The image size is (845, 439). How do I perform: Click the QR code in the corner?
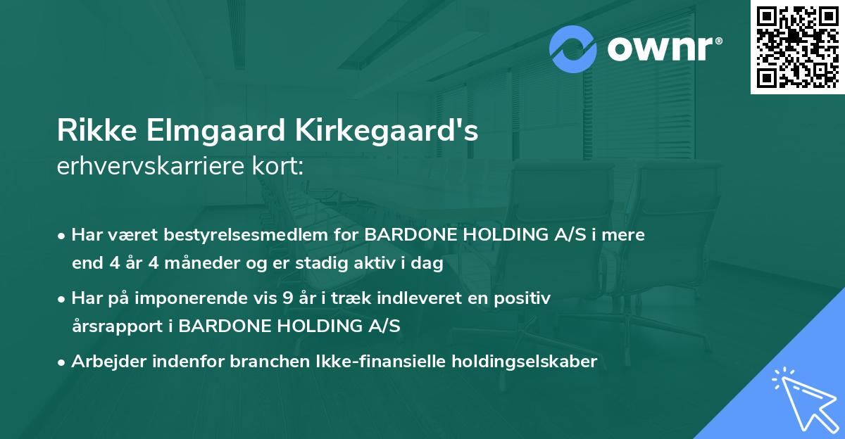(x=797, y=47)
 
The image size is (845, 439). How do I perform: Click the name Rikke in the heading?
(x=92, y=132)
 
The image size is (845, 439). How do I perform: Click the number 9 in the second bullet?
(x=287, y=298)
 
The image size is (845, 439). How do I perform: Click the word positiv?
(x=526, y=298)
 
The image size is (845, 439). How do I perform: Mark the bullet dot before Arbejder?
(x=63, y=362)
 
